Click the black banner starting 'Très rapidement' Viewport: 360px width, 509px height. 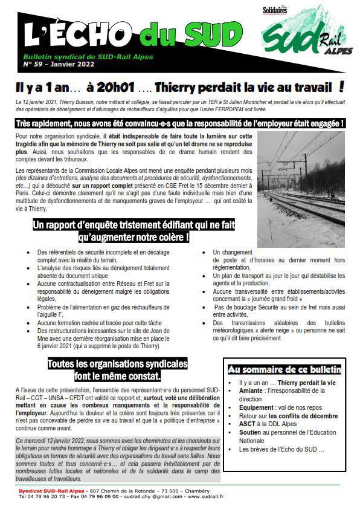pyautogui.click(x=179, y=123)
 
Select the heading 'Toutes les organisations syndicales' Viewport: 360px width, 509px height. pyautogui.click(x=117, y=369)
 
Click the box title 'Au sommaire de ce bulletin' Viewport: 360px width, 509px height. pyautogui.click(x=284, y=369)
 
